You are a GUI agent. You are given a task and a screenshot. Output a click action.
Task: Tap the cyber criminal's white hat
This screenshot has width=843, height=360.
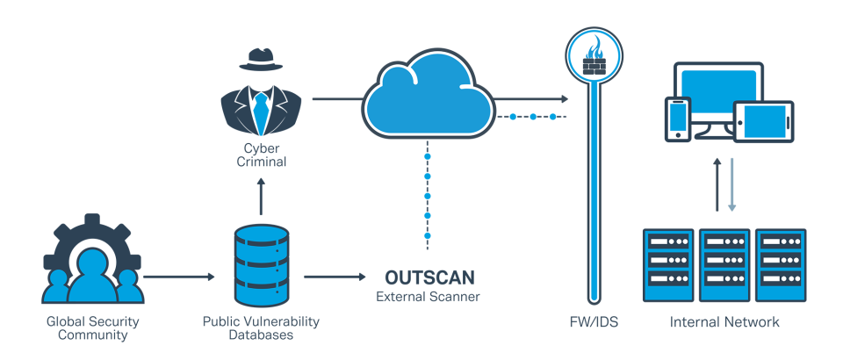pyautogui.click(x=260, y=54)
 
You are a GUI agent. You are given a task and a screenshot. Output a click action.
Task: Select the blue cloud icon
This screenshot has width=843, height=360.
pyautogui.click(x=427, y=95)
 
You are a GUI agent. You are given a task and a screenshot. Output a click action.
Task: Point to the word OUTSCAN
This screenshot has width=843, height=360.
pyautogui.click(x=430, y=278)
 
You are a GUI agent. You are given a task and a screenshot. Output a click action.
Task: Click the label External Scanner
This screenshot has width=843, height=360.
pyautogui.click(x=429, y=297)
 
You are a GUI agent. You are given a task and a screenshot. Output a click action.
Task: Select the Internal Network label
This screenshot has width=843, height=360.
pyautogui.click(x=724, y=322)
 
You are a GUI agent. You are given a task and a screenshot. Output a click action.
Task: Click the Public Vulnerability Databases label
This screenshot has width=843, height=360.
pyautogui.click(x=261, y=328)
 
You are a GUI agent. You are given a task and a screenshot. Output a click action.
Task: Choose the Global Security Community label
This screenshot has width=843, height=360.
pyautogui.click(x=93, y=328)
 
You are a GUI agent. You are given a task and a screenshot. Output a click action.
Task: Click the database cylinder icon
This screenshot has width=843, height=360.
pyautogui.click(x=261, y=263)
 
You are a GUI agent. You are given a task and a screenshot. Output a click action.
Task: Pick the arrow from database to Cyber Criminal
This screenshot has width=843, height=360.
pyautogui.click(x=261, y=195)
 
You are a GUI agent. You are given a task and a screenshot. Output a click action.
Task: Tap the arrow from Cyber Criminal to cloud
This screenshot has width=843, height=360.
pyautogui.click(x=334, y=99)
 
